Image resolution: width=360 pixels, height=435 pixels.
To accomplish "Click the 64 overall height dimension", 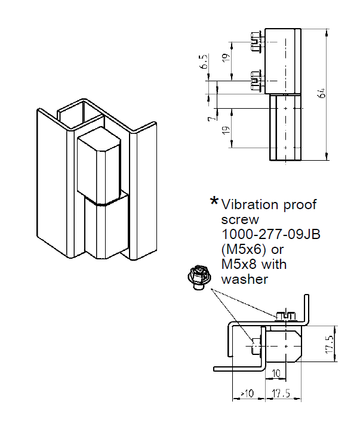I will pyautogui.click(x=322, y=93).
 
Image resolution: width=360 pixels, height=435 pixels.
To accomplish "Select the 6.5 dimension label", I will pyautogui.click(x=205, y=62).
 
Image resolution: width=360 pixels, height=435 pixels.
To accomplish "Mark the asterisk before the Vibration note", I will pyautogui.click(x=214, y=203).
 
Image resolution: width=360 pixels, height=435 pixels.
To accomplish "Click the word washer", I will pyautogui.click(x=244, y=278).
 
